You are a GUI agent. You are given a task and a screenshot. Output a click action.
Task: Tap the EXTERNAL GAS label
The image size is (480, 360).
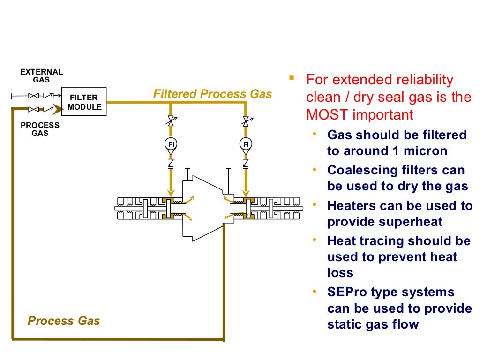[x=41, y=76]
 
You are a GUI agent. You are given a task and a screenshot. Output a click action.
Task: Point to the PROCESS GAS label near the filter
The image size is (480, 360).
[x=40, y=129]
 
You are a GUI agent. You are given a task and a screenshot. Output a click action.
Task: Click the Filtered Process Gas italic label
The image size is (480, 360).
[x=212, y=94]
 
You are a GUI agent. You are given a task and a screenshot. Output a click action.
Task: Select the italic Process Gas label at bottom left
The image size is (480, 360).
[x=64, y=321]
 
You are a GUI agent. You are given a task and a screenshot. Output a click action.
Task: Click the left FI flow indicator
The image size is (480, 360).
[x=171, y=144]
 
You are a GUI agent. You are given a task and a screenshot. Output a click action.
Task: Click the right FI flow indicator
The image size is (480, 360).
[x=245, y=144]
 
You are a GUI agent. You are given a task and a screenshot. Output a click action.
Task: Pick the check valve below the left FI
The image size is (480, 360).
[x=171, y=163]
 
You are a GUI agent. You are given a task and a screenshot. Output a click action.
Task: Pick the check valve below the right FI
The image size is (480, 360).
[x=245, y=163]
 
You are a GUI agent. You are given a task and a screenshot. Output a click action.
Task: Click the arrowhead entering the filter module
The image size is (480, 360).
[x=57, y=110]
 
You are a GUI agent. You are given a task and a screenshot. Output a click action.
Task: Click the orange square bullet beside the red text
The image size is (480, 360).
[x=292, y=77]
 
